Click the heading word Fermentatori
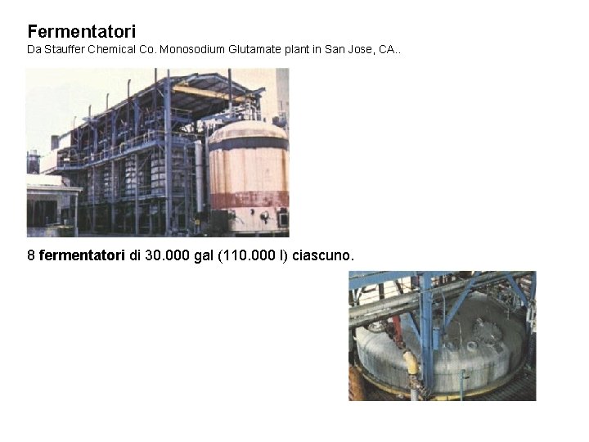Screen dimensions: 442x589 [82, 32]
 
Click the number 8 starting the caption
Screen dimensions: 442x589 [31, 256]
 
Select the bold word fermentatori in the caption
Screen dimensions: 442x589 [82, 256]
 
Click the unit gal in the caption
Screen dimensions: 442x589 [203, 256]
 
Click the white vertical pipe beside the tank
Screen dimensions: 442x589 [199, 176]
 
